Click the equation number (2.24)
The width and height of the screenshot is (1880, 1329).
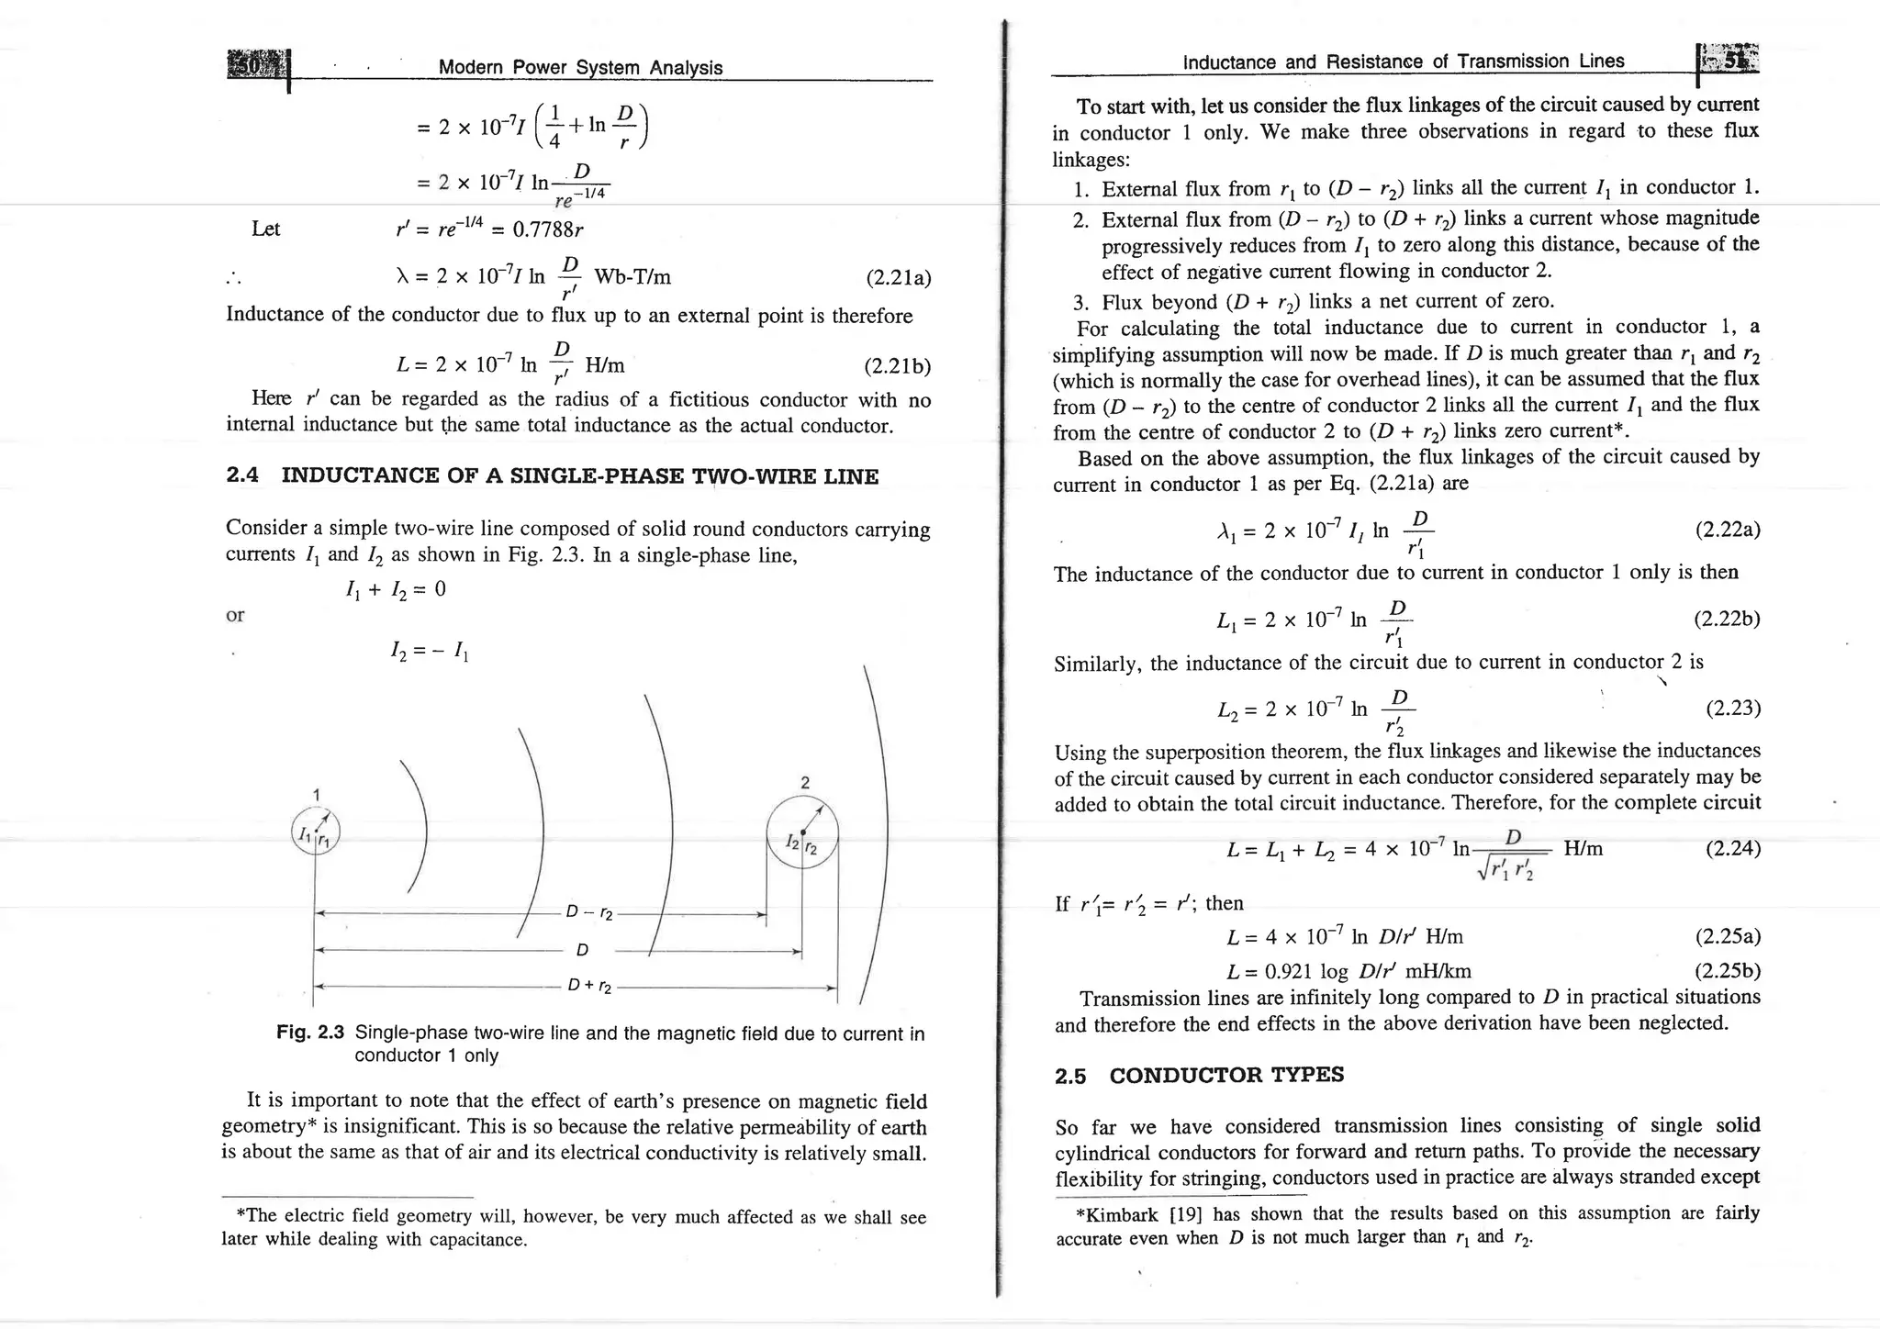(x=1732, y=848)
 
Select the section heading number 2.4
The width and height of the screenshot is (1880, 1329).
(x=242, y=475)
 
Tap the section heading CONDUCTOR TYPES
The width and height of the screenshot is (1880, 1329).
(x=1226, y=1075)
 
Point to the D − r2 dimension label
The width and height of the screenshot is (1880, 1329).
(x=589, y=914)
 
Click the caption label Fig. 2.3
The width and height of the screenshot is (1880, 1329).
(x=310, y=1033)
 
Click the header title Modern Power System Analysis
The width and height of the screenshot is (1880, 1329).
(x=580, y=67)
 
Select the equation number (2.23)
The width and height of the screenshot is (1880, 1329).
(x=1732, y=708)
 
